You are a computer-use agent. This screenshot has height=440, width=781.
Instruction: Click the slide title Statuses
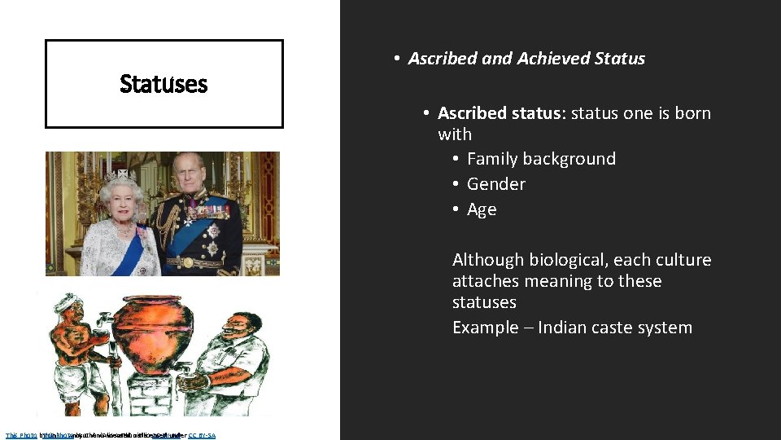click(x=164, y=84)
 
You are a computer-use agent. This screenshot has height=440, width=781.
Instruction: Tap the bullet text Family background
click(x=541, y=159)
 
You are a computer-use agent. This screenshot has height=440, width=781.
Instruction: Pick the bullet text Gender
click(x=496, y=184)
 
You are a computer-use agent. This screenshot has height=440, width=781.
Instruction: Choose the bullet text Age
click(x=482, y=209)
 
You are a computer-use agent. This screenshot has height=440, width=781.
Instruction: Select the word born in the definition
click(x=692, y=113)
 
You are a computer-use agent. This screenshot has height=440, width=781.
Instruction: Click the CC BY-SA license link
click(x=202, y=435)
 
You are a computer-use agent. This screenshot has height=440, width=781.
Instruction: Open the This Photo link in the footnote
click(x=21, y=435)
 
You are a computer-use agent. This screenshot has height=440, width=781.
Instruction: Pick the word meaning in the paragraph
click(x=564, y=281)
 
